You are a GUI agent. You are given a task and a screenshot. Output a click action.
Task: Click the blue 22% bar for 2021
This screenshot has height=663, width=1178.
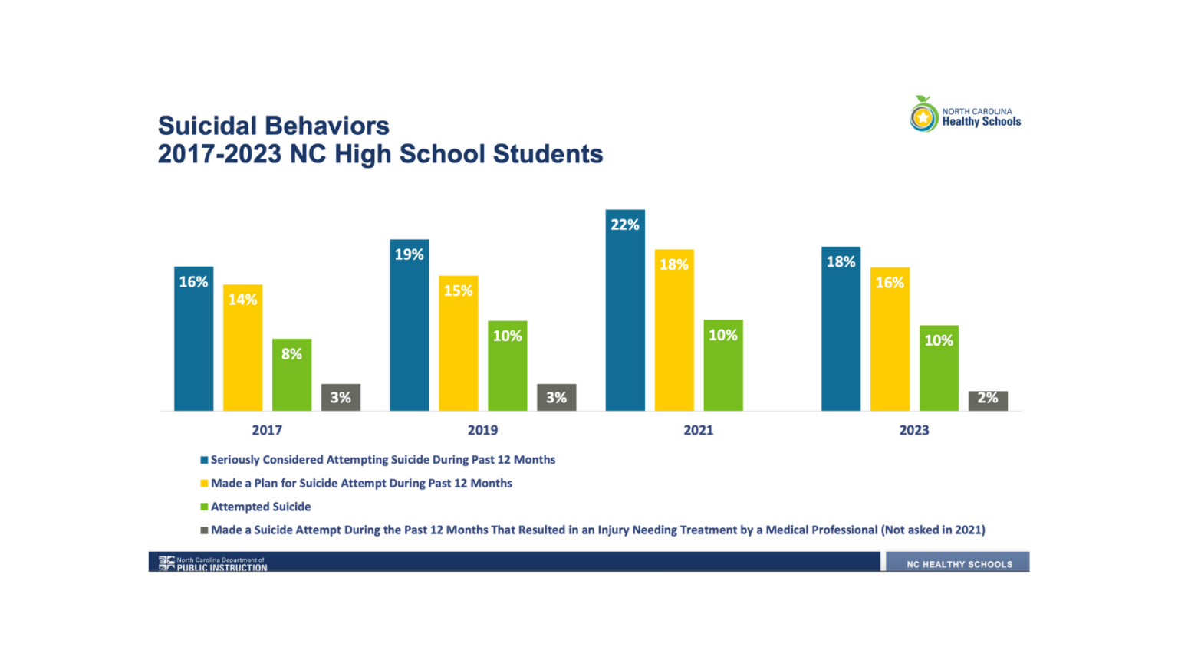click(625, 310)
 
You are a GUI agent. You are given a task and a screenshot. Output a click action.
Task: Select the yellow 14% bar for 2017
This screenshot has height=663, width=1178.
click(242, 349)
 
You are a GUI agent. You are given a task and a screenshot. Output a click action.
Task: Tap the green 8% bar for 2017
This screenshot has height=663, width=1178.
click(291, 375)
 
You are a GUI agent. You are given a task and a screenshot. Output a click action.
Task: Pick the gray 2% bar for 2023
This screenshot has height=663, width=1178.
click(988, 400)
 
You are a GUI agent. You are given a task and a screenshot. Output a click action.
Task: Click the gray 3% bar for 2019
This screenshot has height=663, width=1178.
click(556, 397)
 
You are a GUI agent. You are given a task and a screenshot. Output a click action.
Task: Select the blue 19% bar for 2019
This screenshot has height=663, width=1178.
click(409, 326)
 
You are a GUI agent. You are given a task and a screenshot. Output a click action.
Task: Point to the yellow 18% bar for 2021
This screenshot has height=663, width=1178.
click(674, 330)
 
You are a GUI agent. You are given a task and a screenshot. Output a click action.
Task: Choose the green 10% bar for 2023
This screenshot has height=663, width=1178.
click(939, 369)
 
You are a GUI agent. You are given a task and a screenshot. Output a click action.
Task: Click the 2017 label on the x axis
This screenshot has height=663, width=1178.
click(267, 430)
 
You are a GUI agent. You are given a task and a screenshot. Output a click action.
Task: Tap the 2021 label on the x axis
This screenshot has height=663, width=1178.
click(698, 430)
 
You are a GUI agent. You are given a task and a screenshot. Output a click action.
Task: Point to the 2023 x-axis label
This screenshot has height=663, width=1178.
click(914, 430)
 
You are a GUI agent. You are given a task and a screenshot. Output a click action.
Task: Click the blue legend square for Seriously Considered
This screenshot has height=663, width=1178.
click(204, 460)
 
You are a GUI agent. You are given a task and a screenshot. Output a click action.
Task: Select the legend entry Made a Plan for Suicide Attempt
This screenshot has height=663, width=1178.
click(361, 484)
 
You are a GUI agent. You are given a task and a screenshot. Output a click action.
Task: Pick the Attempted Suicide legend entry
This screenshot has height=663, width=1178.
click(261, 507)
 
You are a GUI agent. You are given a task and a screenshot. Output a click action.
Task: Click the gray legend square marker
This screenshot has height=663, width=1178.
click(204, 530)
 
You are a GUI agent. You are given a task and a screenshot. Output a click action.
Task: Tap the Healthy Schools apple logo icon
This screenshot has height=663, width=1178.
click(923, 116)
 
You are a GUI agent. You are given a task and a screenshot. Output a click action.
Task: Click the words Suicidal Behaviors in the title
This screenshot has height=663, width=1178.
click(273, 126)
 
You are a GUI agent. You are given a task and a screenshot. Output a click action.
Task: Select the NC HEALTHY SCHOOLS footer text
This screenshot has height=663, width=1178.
click(959, 564)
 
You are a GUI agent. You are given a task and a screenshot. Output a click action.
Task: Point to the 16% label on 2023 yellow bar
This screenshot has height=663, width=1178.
click(890, 283)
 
